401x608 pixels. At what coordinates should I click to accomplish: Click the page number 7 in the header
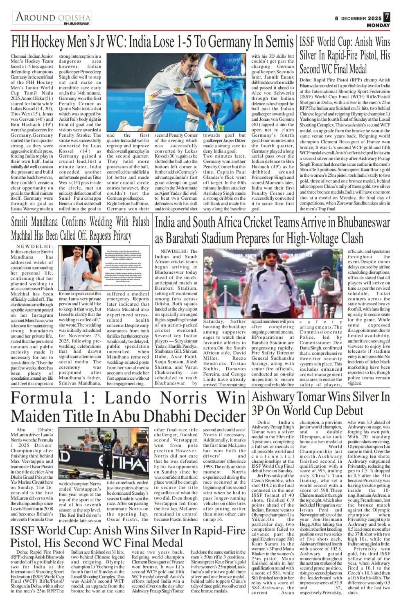pyautogui.click(x=387, y=18)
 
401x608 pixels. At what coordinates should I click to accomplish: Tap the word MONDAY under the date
pyautogui.click(x=378, y=25)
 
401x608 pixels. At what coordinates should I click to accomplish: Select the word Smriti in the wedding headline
pyautogui.click(x=23, y=222)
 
